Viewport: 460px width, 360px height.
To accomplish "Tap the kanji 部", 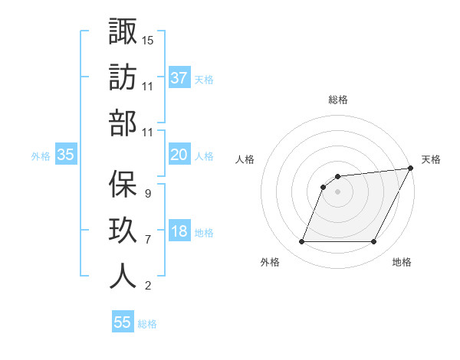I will (x=123, y=123).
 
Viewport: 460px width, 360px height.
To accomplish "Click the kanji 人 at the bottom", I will (x=123, y=276).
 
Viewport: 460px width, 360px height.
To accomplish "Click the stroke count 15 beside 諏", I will (x=148, y=40).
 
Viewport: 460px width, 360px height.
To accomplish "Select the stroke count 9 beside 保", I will (x=147, y=193).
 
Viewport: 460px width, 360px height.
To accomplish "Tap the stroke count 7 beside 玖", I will (x=147, y=239).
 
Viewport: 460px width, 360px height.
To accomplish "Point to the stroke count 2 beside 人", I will (x=147, y=286).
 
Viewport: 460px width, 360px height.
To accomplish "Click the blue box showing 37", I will (x=179, y=77).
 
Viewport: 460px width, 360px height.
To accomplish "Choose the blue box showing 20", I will (x=179, y=155).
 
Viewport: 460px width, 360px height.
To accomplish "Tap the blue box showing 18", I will (x=179, y=232).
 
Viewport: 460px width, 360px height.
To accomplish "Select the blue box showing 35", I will (x=65, y=155).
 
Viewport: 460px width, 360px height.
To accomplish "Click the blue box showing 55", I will (x=123, y=322).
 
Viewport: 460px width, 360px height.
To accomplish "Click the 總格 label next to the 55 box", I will (x=147, y=324).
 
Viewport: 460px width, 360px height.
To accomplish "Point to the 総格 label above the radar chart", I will (x=337, y=100).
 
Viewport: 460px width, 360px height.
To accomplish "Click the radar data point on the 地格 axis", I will (x=374, y=242).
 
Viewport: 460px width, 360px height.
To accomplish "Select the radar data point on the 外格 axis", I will (x=301, y=242).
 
